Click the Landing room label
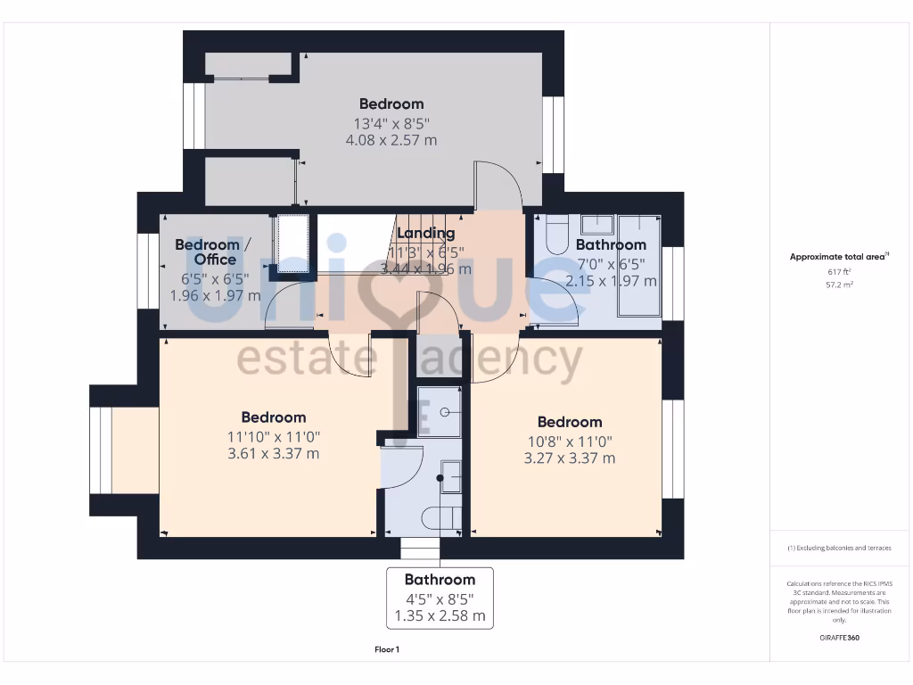pyautogui.click(x=426, y=234)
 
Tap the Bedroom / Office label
pyautogui.click(x=207, y=252)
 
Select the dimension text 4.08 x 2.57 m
pyautogui.click(x=391, y=140)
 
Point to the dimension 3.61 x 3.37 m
pyautogui.click(x=274, y=453)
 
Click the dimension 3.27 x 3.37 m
pyautogui.click(x=569, y=458)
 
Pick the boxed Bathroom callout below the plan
pyautogui.click(x=440, y=598)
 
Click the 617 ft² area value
pyautogui.click(x=838, y=271)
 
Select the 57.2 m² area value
pyautogui.click(x=838, y=284)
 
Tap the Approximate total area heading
pyautogui.click(x=838, y=257)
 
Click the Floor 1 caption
pyautogui.click(x=387, y=649)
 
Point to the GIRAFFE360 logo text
pyautogui.click(x=839, y=638)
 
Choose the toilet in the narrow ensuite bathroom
pyautogui.click(x=442, y=518)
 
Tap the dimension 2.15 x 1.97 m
pyautogui.click(x=611, y=281)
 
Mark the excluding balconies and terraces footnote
pyautogui.click(x=839, y=548)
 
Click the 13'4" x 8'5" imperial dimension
pyautogui.click(x=391, y=123)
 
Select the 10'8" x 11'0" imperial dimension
pyautogui.click(x=569, y=441)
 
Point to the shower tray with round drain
pyautogui.click(x=440, y=411)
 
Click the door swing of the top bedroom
pyautogui.click(x=499, y=183)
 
